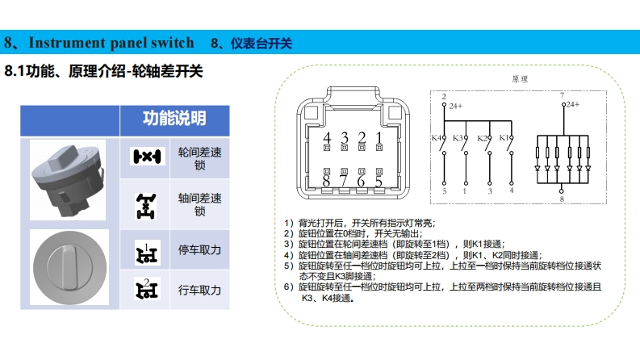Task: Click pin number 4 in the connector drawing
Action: coord(326,137)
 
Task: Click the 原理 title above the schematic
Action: coord(520,79)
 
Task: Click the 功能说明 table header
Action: coord(174,118)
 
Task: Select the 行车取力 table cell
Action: coord(199,290)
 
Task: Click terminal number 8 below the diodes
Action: coord(563,198)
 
